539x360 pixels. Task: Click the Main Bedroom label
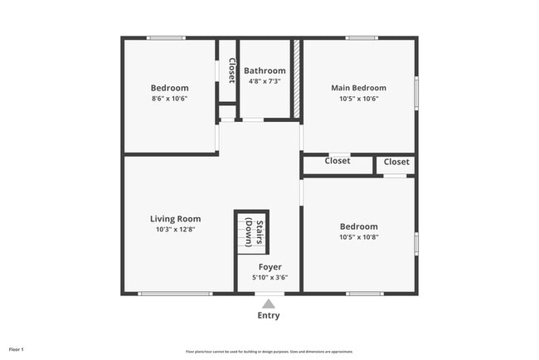click(x=358, y=88)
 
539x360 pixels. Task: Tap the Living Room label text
click(x=175, y=219)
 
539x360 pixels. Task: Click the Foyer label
click(x=269, y=267)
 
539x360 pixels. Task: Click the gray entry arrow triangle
click(x=268, y=304)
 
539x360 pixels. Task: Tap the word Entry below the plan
click(x=268, y=316)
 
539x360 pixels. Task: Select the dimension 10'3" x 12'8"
click(x=175, y=230)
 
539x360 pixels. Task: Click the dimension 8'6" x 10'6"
click(x=169, y=99)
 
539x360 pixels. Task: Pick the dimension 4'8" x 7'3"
click(x=265, y=81)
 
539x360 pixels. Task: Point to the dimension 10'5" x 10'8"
click(x=358, y=237)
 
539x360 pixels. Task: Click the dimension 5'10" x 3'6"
click(x=269, y=278)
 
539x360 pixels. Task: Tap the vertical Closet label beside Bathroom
click(x=231, y=71)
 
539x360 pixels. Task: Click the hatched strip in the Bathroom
click(x=295, y=80)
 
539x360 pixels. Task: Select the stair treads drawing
click(x=245, y=231)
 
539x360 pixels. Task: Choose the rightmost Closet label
click(x=396, y=162)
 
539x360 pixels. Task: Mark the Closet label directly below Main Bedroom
click(x=337, y=161)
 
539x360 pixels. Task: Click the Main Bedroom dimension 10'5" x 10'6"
click(x=358, y=99)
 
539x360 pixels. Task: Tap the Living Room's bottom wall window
click(x=175, y=293)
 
